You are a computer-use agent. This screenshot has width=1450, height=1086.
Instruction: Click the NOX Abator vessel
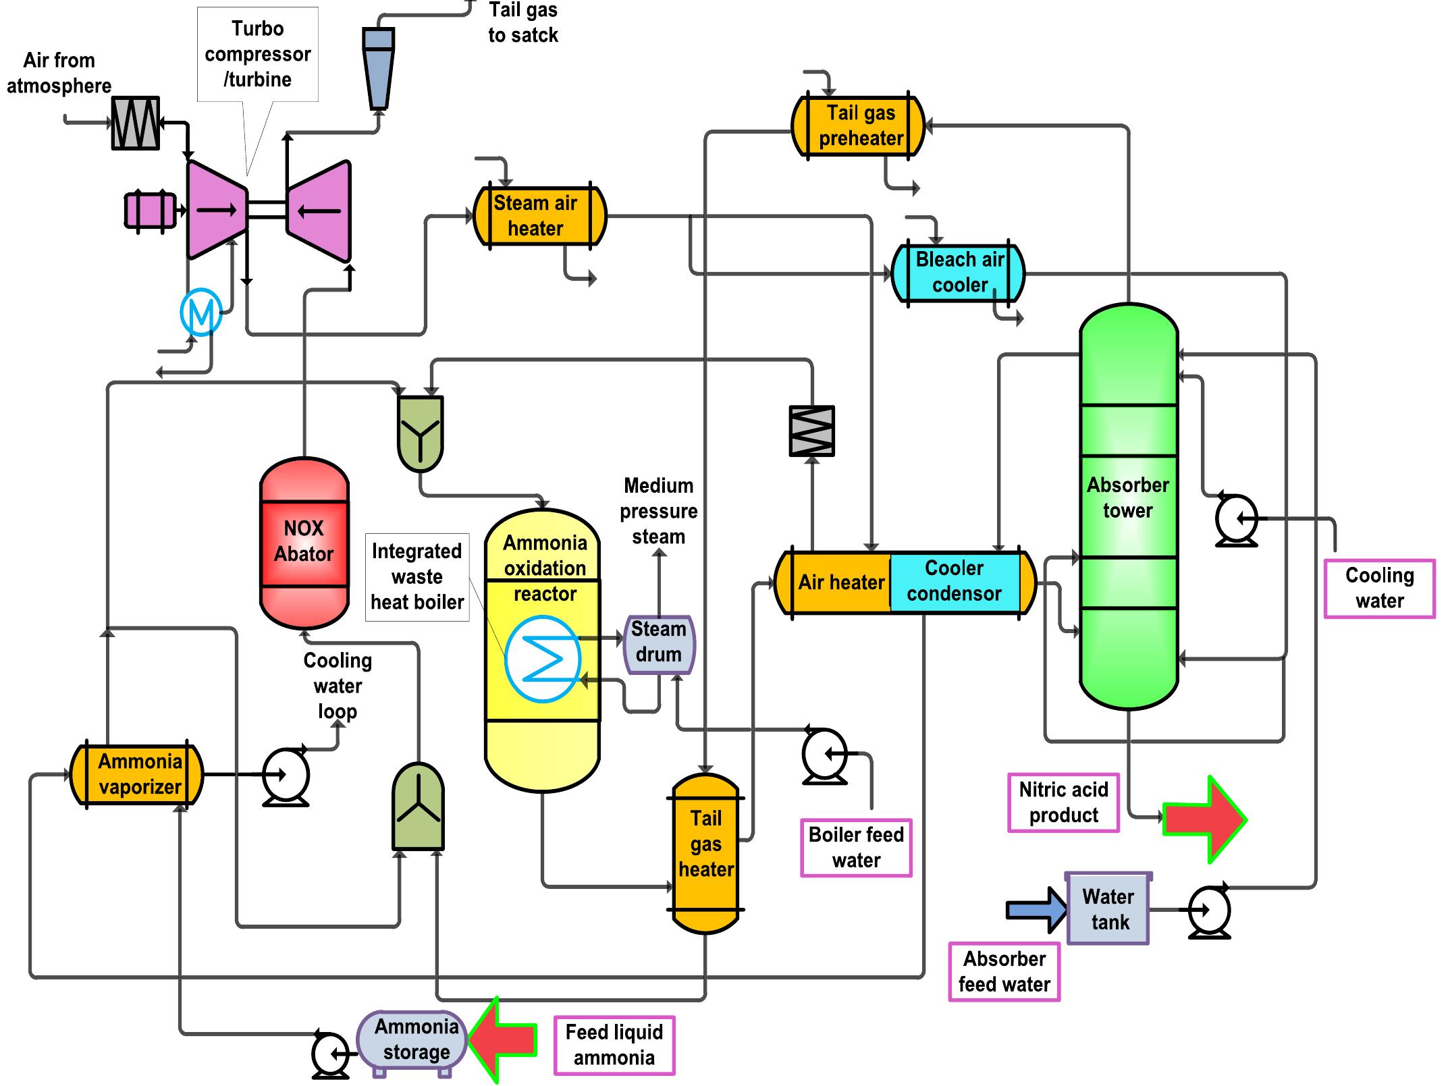click(x=304, y=543)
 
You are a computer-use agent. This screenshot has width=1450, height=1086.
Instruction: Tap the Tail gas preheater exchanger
click(x=858, y=126)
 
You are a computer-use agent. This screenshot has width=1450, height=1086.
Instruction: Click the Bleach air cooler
click(x=958, y=273)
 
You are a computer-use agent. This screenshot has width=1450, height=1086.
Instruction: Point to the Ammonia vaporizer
click(x=137, y=775)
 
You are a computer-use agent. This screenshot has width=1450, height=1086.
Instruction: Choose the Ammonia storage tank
click(x=412, y=1040)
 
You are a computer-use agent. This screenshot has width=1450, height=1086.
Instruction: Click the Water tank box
click(x=1108, y=909)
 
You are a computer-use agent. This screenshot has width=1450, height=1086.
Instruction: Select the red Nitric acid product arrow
click(x=1205, y=819)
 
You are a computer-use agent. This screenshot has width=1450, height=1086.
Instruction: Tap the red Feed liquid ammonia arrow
click(x=503, y=1039)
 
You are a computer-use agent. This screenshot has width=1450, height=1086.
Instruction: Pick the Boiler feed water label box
click(x=856, y=848)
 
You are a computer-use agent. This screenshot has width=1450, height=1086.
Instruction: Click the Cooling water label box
click(x=1379, y=588)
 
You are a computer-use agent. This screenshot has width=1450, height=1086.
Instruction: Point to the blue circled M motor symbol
click(x=201, y=312)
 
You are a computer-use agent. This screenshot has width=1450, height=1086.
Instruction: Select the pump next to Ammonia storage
click(x=330, y=1054)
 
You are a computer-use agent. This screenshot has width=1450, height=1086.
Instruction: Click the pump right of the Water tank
click(x=1210, y=911)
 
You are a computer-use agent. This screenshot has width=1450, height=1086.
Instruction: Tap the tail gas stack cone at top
click(x=379, y=67)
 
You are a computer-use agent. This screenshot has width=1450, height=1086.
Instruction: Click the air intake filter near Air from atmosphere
click(x=136, y=123)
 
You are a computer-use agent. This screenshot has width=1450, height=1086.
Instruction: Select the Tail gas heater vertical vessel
click(x=705, y=854)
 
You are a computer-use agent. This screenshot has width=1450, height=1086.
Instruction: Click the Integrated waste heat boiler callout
click(x=417, y=577)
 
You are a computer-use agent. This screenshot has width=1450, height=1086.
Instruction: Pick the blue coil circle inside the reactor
click(x=543, y=659)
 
